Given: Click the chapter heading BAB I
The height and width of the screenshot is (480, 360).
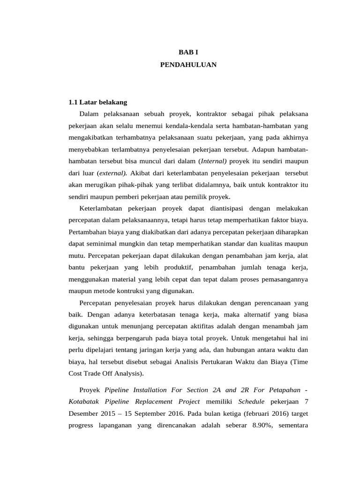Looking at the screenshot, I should (188, 53).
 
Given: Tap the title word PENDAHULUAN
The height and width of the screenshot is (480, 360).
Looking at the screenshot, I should (188, 65).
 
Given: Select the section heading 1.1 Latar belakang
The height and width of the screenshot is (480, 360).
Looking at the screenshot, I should (97, 102).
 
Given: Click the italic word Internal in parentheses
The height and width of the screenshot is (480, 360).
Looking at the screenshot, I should (214, 161).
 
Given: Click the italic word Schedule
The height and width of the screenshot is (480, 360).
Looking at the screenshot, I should (251, 401).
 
